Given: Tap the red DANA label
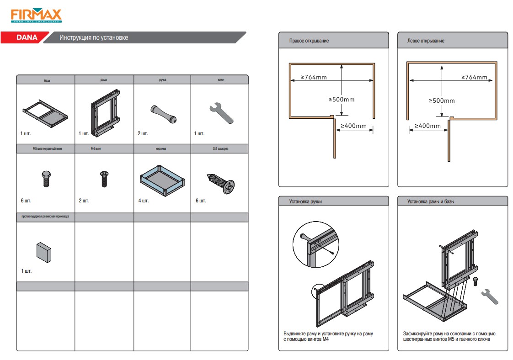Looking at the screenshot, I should (x=27, y=38).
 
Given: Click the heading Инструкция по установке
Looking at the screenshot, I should (x=94, y=38).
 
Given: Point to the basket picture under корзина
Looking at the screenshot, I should (x=163, y=179).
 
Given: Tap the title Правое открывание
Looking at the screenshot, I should (x=309, y=41).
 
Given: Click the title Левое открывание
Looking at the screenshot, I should (x=426, y=41).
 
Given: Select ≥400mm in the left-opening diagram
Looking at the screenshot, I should (x=427, y=126).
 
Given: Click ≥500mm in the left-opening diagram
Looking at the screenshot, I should (x=442, y=101).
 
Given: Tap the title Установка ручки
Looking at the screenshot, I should (x=305, y=201).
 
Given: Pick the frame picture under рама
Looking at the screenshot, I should (x=105, y=112).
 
